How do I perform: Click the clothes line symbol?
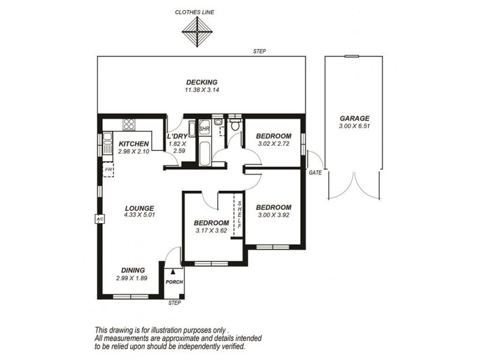tap(197, 32)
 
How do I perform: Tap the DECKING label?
tap(202, 82)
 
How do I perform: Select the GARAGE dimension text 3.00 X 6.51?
tap(355, 126)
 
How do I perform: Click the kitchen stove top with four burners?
tap(129, 125)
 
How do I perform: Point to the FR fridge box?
tap(108, 170)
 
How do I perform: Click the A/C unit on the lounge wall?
tap(100, 219)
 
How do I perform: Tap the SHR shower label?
tap(204, 129)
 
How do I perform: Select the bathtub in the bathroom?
tap(205, 153)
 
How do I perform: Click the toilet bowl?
tap(235, 125)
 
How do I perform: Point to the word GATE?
tap(316, 173)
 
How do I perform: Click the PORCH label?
tap(174, 282)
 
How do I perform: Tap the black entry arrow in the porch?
tap(173, 271)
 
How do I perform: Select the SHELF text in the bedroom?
tap(239, 215)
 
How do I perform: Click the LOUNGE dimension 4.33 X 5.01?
tap(139, 215)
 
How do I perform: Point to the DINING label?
tap(133, 271)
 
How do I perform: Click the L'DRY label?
tap(177, 137)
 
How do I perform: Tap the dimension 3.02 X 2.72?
tap(274, 143)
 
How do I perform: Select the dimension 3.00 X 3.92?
tap(274, 215)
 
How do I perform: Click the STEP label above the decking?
tap(260, 52)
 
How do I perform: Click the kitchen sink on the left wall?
tap(107, 143)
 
